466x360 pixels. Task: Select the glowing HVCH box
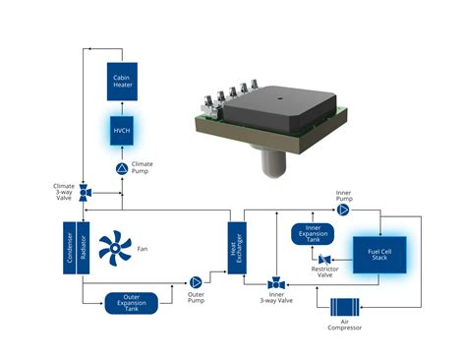pos(123,132)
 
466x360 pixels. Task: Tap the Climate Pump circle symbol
pos(123,169)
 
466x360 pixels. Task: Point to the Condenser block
pos(71,252)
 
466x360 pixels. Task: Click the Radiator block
pos(85,252)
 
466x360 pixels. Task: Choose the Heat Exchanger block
pos(237,251)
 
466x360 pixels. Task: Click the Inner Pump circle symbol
pos(343,210)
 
